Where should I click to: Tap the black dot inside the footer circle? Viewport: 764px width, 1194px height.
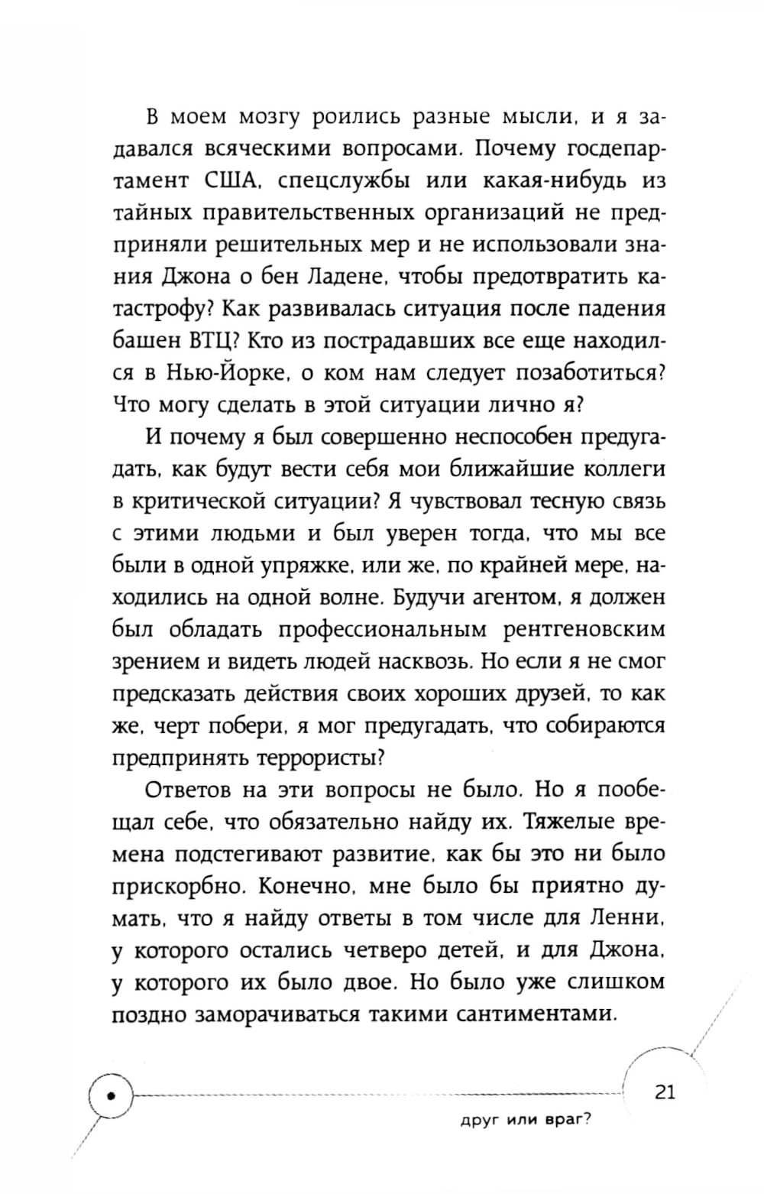click(x=112, y=1095)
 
